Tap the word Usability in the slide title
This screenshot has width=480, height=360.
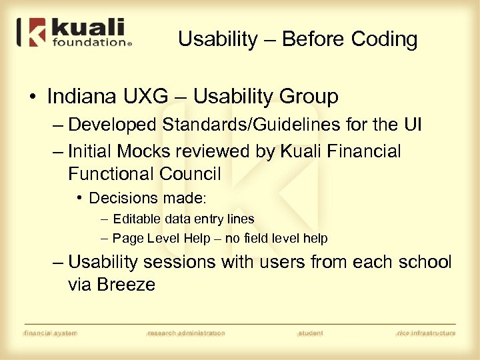(217, 39)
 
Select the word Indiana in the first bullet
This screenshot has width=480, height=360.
(81, 97)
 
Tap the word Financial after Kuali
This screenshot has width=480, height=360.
(363, 151)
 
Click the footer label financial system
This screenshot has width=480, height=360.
(50, 333)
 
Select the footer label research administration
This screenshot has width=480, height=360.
(186, 333)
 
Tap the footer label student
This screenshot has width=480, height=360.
(311, 333)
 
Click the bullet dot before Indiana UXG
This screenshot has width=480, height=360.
(32, 97)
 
